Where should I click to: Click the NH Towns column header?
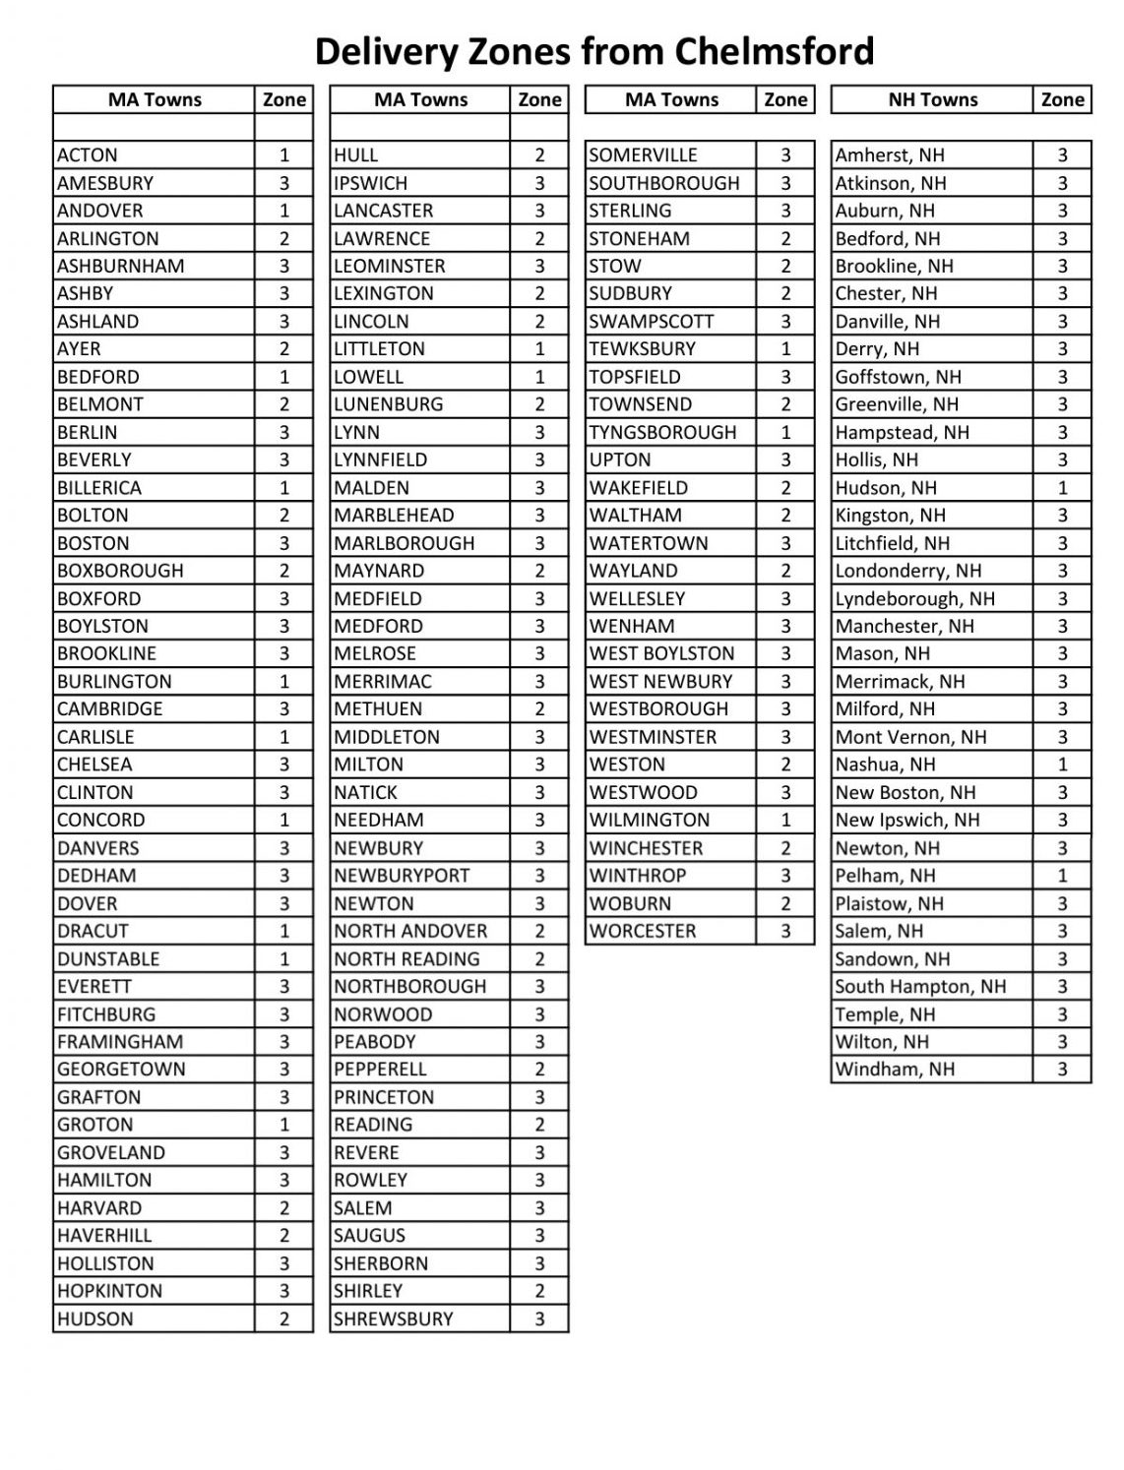932,99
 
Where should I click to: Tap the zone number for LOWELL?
539,377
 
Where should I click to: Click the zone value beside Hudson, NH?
1062,488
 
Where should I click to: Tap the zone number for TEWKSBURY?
785,349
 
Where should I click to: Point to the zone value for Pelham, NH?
1062,876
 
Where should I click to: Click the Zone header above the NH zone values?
1062,99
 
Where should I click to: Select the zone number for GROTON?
284,1125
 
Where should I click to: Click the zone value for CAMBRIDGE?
284,709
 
